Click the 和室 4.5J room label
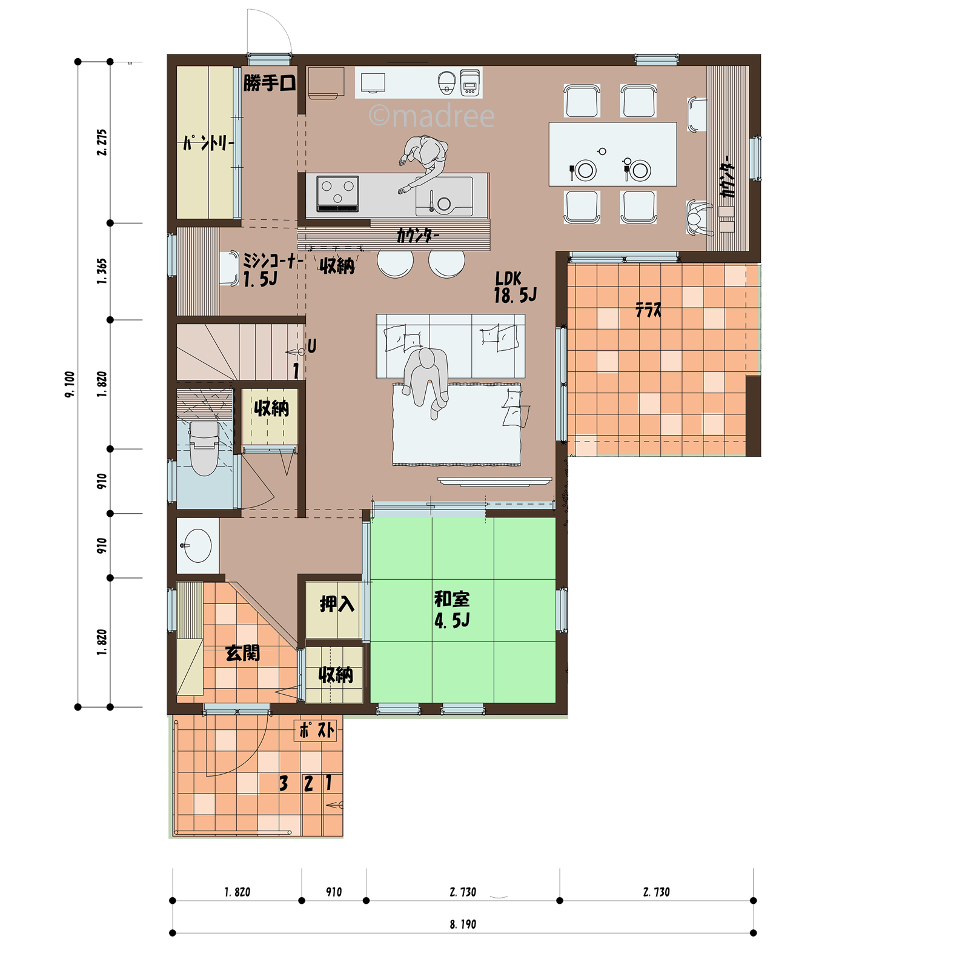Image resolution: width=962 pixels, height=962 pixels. click(x=452, y=609)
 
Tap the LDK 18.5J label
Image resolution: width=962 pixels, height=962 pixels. click(x=515, y=287)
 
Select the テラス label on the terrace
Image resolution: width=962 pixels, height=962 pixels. click(x=648, y=310)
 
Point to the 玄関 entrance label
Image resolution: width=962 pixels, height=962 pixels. click(x=242, y=653)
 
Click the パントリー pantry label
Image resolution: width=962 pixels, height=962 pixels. click(x=208, y=143)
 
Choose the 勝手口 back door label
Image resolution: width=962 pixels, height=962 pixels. click(x=270, y=83)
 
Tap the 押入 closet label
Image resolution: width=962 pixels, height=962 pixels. click(x=337, y=603)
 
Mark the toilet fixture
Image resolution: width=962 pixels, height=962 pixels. click(x=204, y=448)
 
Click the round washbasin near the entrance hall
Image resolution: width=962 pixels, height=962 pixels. click(x=196, y=545)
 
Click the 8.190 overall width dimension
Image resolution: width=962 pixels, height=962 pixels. click(x=463, y=924)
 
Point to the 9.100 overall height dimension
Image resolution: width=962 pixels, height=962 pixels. click(x=70, y=384)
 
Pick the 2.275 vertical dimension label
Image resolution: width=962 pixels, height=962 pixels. click(x=102, y=142)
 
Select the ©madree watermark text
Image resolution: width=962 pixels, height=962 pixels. click(x=431, y=115)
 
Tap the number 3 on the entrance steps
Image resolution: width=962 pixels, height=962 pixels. click(x=283, y=783)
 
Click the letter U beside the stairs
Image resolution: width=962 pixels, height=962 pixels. click(x=311, y=347)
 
